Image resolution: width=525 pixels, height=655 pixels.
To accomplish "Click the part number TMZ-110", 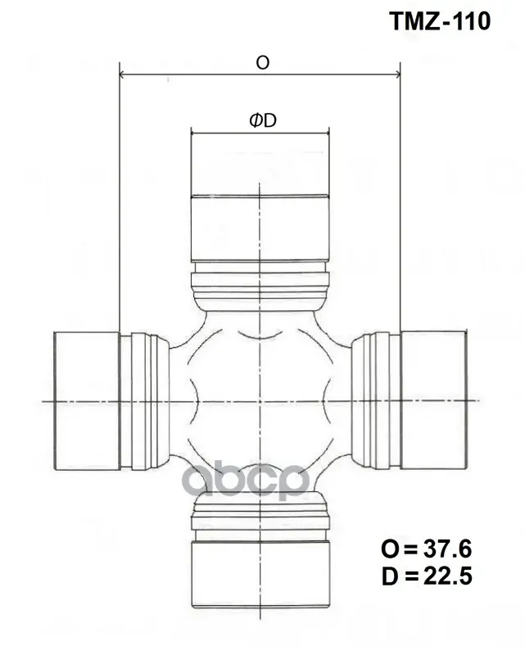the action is (x=440, y=21).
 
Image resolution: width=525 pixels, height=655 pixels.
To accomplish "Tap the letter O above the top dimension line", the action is (x=262, y=63).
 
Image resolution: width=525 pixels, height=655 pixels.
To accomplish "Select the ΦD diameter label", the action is (x=263, y=120).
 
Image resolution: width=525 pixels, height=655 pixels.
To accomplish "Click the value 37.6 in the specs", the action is (x=448, y=549).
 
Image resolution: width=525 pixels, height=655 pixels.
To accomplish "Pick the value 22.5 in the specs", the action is (x=448, y=576).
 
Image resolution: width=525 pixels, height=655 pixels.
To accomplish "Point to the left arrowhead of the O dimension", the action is (x=123, y=75).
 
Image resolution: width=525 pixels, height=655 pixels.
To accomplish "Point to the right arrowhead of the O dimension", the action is (x=396, y=75).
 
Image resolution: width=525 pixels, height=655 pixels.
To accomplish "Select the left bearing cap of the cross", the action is (x=88, y=400).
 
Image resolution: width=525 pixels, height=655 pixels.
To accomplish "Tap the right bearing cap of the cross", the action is (x=433, y=400).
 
